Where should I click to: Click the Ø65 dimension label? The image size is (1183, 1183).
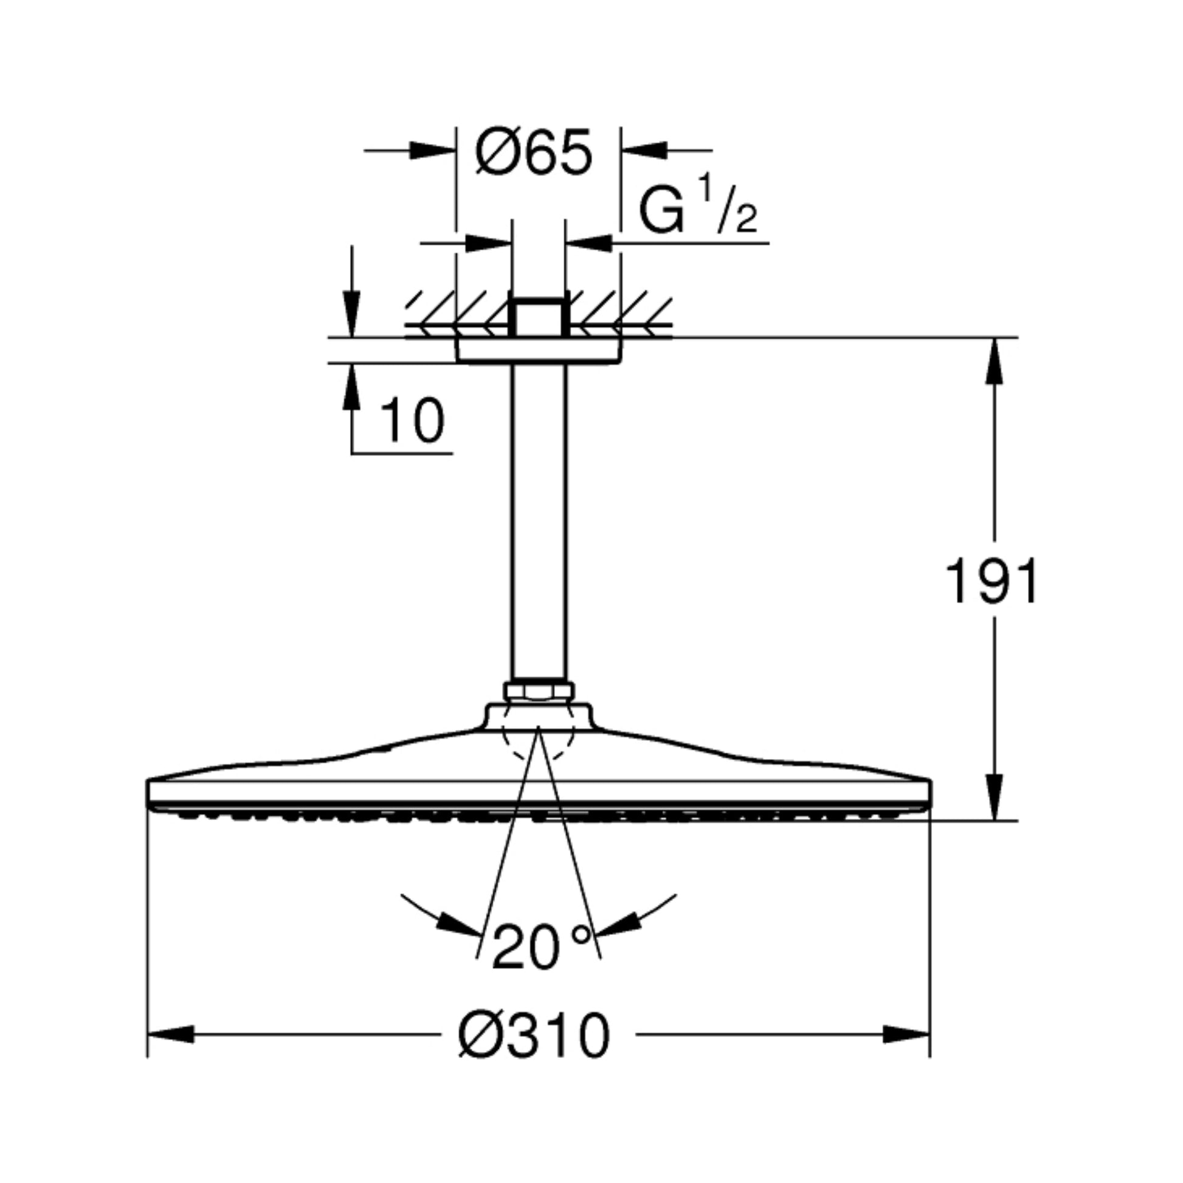click(534, 152)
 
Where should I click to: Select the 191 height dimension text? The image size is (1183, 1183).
click(992, 581)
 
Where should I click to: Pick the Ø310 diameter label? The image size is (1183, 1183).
click(534, 1034)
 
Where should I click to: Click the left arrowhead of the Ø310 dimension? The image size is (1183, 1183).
click(171, 1035)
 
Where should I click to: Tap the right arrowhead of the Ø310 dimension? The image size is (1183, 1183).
click(907, 1035)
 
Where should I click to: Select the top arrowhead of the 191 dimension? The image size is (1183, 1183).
click(995, 360)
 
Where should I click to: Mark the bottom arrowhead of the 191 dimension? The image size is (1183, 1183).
click(995, 797)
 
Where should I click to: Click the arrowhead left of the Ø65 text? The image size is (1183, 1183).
click(433, 151)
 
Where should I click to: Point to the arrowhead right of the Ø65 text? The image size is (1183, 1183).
click(644, 151)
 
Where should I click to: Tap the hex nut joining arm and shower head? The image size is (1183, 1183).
click(538, 691)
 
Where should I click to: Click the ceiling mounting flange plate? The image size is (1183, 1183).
click(538, 351)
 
